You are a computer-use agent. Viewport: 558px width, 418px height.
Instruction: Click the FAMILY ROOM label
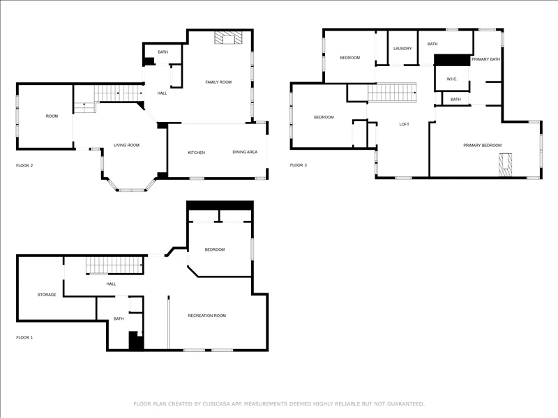[x=218, y=82]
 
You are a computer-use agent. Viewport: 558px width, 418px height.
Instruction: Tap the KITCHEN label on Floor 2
[x=197, y=153]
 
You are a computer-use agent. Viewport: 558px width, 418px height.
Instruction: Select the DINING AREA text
[x=245, y=152]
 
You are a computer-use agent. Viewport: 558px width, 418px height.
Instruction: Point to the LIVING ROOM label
[x=126, y=145]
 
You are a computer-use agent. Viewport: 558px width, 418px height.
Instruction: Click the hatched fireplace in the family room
[x=228, y=38]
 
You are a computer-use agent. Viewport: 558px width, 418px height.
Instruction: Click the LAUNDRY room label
[x=402, y=48]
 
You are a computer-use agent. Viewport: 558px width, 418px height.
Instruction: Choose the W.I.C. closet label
[x=452, y=79]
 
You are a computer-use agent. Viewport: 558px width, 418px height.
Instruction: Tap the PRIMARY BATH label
[x=485, y=59]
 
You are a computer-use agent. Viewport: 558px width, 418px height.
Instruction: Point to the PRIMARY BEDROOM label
[x=483, y=145]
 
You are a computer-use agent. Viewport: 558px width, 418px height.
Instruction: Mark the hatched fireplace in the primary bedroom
[x=505, y=164]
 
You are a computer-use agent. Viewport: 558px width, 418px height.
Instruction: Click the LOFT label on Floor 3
[x=405, y=124]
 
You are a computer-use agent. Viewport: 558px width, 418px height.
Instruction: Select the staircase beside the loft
[x=392, y=93]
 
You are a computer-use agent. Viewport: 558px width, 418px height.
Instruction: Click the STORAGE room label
[x=47, y=295]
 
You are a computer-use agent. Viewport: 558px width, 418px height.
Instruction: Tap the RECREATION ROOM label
[x=206, y=316]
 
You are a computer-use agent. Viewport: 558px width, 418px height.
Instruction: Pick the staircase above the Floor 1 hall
[x=114, y=265]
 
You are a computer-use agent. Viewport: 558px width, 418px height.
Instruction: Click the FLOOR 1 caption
[x=24, y=337]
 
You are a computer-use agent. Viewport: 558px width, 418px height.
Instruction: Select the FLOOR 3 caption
[x=299, y=165]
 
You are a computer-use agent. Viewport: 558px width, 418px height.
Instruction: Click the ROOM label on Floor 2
[x=52, y=116]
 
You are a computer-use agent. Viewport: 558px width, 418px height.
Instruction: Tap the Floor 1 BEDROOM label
[x=215, y=249]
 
